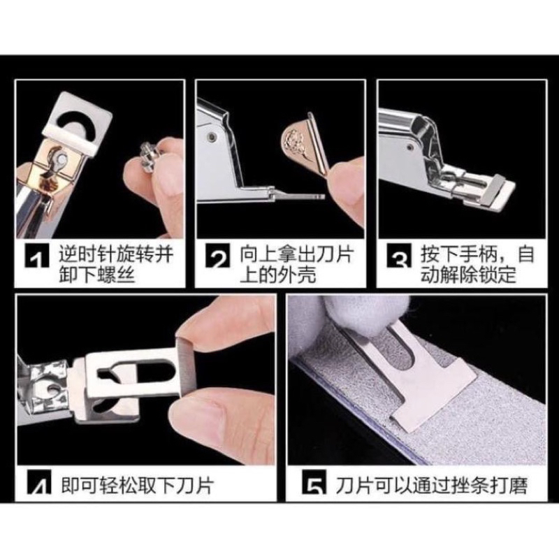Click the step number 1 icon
[x=37, y=255]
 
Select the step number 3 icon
[x=399, y=255]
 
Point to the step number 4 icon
[x=39, y=482]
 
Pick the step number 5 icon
[x=314, y=482]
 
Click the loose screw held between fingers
[x=150, y=153]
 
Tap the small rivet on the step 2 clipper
[x=212, y=136]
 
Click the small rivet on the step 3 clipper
[x=411, y=146]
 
